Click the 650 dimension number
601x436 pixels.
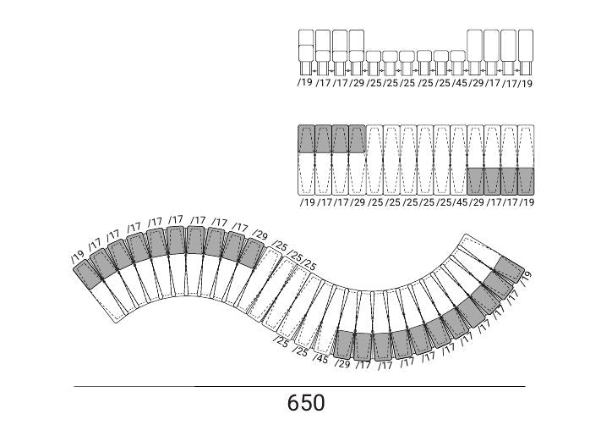coord(306,403)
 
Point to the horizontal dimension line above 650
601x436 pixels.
coord(300,386)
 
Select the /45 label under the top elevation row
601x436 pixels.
coord(460,83)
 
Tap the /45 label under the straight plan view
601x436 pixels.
coord(460,201)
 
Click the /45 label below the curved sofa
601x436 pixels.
coord(321,359)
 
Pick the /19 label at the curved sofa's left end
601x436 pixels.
coord(78,256)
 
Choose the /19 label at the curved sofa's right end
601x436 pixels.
coord(527,276)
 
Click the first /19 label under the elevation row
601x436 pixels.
coord(305,82)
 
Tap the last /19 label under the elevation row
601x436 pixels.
coord(526,83)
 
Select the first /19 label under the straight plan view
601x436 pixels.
coord(307,201)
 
